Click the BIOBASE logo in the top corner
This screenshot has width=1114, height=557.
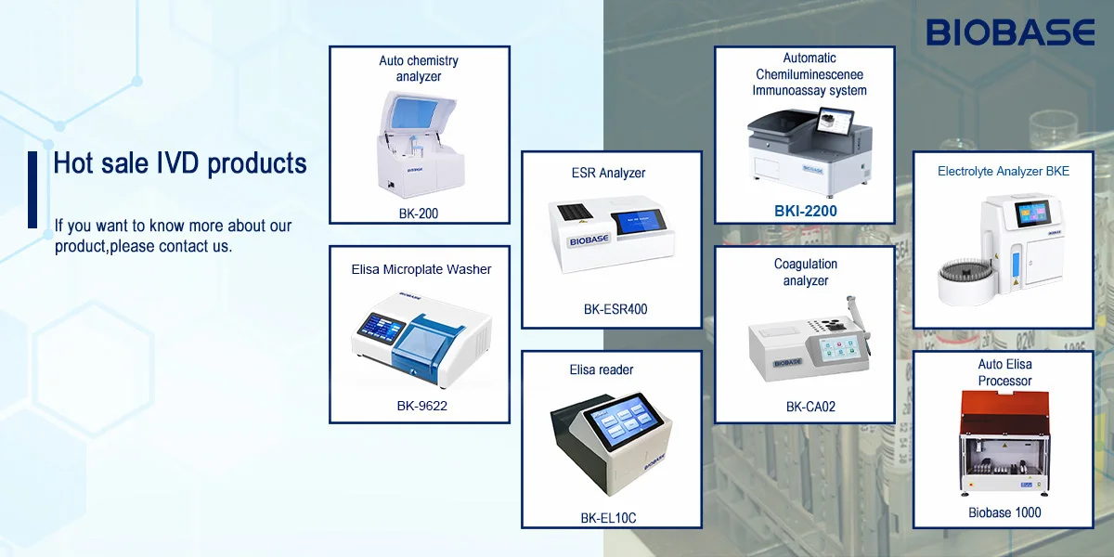1011,33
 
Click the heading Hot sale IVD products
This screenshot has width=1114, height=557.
180,163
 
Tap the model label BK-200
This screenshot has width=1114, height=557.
418,214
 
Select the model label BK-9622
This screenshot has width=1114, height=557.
421,406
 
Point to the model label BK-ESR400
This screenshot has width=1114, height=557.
615,309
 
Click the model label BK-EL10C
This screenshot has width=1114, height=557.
608,518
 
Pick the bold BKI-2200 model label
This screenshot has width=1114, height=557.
806,212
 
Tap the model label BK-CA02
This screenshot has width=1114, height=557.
804,407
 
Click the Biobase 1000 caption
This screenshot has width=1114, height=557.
1004,512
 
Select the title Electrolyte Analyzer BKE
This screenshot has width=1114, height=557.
1004,172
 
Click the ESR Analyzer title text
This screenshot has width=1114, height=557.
608,173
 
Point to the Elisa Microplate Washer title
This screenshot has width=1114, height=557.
421,269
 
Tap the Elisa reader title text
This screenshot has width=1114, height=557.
602,369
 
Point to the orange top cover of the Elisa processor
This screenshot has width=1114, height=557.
1004,408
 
